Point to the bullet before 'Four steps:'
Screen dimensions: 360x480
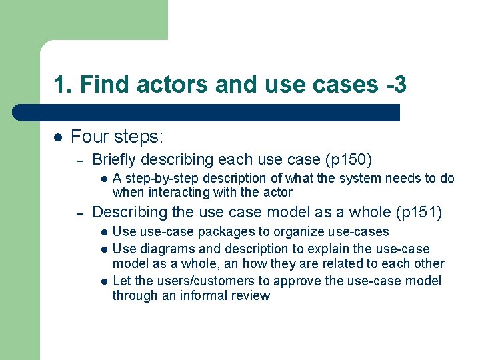point(58,137)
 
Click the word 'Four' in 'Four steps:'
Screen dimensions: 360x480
point(88,137)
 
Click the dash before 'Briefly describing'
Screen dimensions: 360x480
point(79,161)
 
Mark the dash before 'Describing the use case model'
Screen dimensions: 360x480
point(79,213)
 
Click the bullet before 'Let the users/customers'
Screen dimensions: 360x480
point(104,281)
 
